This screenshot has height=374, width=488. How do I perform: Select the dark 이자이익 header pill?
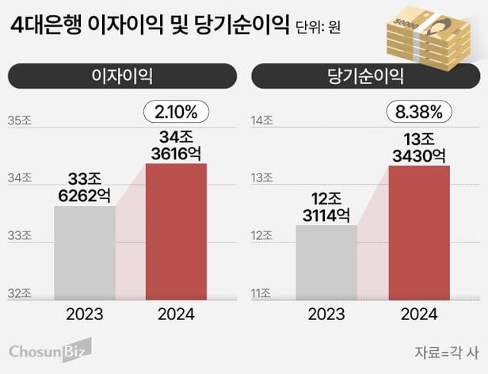122,77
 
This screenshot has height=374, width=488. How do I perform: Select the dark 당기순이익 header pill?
365,77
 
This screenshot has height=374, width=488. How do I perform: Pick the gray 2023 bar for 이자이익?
85,252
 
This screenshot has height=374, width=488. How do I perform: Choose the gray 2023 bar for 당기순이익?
326,261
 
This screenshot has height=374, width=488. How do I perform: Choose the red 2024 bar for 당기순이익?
419,232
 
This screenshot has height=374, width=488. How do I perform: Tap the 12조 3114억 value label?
326,205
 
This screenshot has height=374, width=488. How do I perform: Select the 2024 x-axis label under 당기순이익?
419,315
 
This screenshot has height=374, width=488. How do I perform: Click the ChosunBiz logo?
50,349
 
